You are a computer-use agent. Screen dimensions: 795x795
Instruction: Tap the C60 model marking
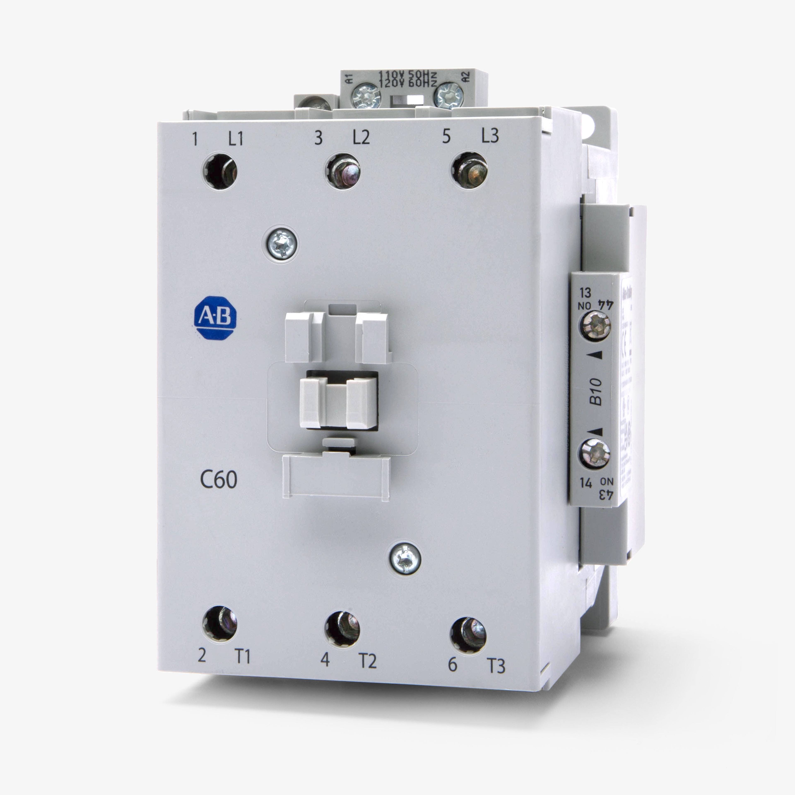coord(218,479)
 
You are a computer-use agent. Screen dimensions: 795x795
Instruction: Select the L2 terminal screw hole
coord(343,171)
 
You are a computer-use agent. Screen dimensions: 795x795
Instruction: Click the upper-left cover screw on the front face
coord(280,245)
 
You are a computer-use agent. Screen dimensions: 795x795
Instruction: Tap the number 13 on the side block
coord(585,293)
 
